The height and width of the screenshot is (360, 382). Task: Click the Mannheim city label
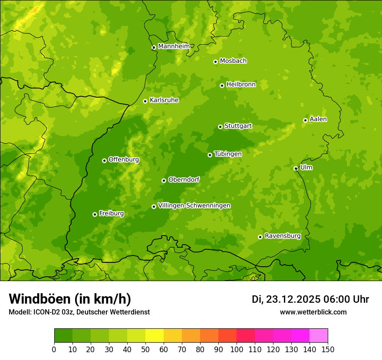[x=174, y=46]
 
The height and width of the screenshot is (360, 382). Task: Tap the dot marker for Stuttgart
[x=220, y=127]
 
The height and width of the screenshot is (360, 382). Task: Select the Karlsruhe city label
[x=164, y=100]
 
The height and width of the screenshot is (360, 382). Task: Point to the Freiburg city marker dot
[x=95, y=214]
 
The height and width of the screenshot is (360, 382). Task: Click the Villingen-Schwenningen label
[x=194, y=206]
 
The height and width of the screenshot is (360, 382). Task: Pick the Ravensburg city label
[x=283, y=236]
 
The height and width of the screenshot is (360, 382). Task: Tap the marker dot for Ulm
[x=296, y=168]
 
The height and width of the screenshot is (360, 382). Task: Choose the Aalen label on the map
[x=318, y=119]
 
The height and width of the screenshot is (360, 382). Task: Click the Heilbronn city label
[x=241, y=85]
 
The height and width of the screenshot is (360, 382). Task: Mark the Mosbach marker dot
[x=215, y=62]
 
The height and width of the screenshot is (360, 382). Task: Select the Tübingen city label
[x=228, y=154]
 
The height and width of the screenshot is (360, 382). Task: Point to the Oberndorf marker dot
[x=164, y=180]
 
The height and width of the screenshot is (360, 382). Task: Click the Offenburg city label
[x=124, y=160]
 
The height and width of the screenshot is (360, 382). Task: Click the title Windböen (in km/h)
[x=70, y=299]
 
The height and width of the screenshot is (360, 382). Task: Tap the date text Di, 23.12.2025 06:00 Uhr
[x=310, y=299]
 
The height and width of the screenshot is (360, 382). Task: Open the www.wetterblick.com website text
[x=313, y=312]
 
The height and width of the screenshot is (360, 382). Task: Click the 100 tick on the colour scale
[x=237, y=349]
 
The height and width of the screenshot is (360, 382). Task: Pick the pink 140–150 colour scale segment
[x=319, y=335]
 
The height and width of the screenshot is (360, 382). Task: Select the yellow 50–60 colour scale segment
[x=155, y=335]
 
